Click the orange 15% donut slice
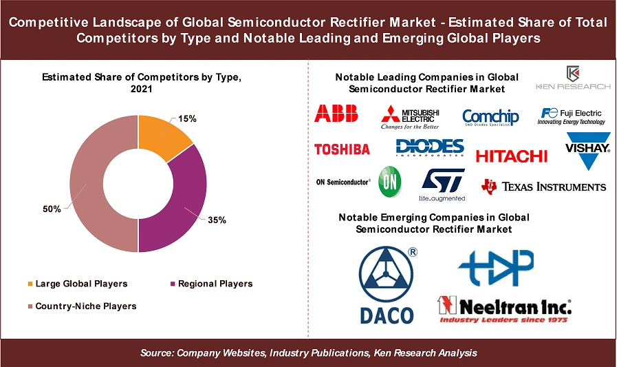pyautogui.click(x=162, y=135)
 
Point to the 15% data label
pyautogui.click(x=187, y=118)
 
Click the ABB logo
pyautogui.click(x=336, y=114)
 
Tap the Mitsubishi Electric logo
pyautogui.click(x=411, y=116)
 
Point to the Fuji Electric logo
pyautogui.click(x=572, y=116)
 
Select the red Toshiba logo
pyautogui.click(x=342, y=149)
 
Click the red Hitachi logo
pyautogui.click(x=511, y=156)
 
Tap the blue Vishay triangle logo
pyautogui.click(x=587, y=152)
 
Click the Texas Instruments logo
pyautogui.click(x=544, y=186)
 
